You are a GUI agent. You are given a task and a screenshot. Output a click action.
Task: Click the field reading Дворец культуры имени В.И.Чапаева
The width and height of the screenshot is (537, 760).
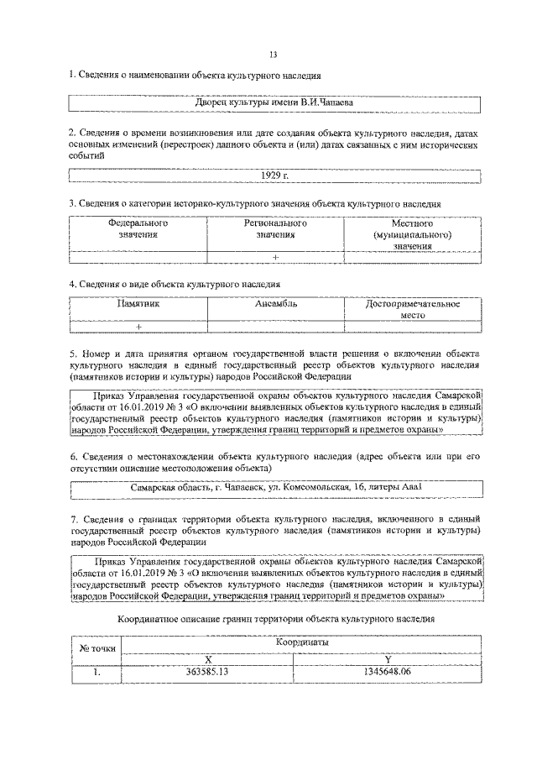click(273, 103)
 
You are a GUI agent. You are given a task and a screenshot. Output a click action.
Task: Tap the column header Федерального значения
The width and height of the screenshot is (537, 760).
click(138, 229)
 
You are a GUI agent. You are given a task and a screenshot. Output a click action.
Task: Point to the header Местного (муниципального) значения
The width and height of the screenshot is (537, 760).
click(412, 235)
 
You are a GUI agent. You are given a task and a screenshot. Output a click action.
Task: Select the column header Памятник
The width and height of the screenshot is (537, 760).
click(138, 304)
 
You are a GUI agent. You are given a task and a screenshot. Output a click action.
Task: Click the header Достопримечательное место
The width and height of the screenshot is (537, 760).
click(412, 309)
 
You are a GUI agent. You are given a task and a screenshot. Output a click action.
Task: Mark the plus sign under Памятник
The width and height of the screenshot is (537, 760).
click(138, 326)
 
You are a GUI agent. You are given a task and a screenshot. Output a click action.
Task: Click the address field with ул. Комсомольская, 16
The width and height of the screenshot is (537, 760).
click(273, 486)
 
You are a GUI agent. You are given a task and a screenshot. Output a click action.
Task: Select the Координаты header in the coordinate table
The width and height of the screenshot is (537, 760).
click(303, 642)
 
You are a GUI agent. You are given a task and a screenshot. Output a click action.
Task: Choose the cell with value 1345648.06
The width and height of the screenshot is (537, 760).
click(387, 672)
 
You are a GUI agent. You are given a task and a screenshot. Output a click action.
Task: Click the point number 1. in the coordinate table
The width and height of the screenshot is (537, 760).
click(96, 672)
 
